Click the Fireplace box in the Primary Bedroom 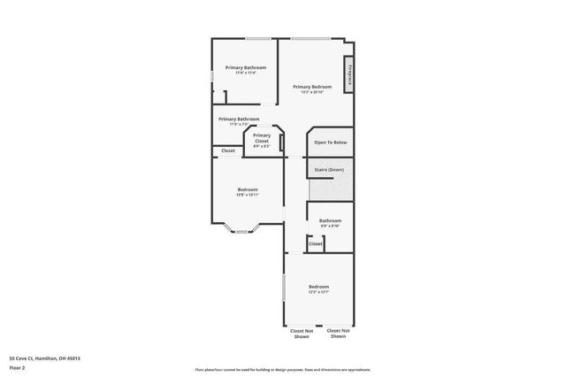pos(350,74)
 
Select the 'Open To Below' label pos(331,142)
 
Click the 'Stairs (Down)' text pos(331,167)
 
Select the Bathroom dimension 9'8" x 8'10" pos(330,226)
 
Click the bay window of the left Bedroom pos(240,231)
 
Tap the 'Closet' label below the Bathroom pos(316,243)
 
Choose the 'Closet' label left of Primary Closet pos(228,150)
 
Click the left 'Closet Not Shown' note pos(301,334)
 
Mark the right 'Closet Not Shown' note pos(337,334)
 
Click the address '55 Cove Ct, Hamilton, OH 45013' pos(45,358)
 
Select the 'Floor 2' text pos(18,367)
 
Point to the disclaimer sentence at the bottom pos(283,369)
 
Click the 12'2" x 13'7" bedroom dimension pos(318,292)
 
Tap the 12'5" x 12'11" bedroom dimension pos(248,195)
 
